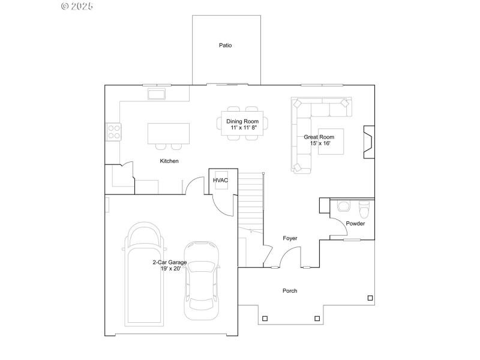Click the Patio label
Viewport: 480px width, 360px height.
pos(225,46)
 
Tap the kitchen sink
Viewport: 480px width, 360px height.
pos(157,94)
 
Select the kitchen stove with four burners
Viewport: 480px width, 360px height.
pos(113,131)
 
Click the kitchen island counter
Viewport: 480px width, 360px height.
pos(169,133)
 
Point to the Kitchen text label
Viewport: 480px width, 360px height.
pos(169,161)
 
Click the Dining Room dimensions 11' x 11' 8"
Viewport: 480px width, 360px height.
pos(242,128)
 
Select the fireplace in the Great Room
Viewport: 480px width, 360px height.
pos(368,142)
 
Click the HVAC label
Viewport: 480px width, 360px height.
pos(220,180)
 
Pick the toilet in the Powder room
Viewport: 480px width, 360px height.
pos(364,210)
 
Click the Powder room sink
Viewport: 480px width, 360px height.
pos(344,206)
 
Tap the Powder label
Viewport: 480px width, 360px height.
pos(355,224)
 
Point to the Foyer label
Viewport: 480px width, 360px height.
pos(290,239)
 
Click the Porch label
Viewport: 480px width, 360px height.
pos(290,291)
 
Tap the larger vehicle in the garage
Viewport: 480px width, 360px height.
pos(144,273)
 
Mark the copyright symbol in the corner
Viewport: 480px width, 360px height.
pos(65,6)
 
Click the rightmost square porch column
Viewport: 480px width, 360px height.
pos(370,298)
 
